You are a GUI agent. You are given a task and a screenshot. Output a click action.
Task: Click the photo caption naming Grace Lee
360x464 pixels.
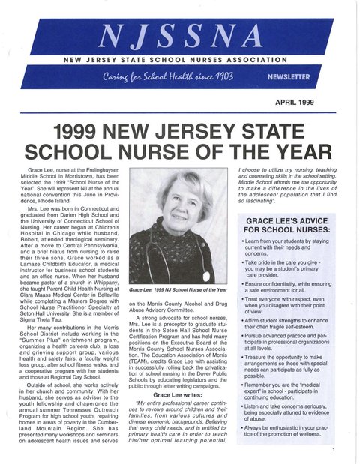pos(177,289)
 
